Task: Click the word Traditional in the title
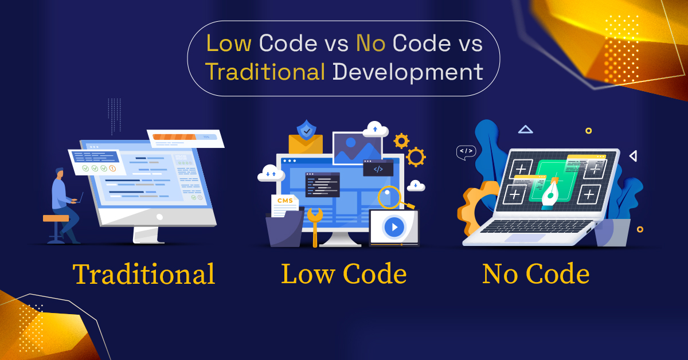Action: click(265, 72)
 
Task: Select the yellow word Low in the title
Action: click(229, 44)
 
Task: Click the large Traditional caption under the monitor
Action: click(144, 274)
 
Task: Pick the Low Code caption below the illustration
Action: click(344, 273)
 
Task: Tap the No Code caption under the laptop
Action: click(536, 273)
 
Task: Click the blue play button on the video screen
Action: click(394, 227)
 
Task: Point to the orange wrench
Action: click(315, 226)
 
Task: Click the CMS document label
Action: click(285, 201)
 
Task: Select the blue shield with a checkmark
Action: click(306, 130)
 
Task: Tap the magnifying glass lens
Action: click(389, 197)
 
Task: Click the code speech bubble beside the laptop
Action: click(466, 152)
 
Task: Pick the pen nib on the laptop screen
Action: click(551, 194)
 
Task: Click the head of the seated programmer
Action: click(60, 173)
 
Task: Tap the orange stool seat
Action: click(56, 218)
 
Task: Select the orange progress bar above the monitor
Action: click(174, 136)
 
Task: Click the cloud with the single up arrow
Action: click(376, 130)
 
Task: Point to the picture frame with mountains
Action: click(358, 148)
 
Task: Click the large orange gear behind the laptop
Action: click(475, 209)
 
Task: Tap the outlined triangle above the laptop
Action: click(526, 130)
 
